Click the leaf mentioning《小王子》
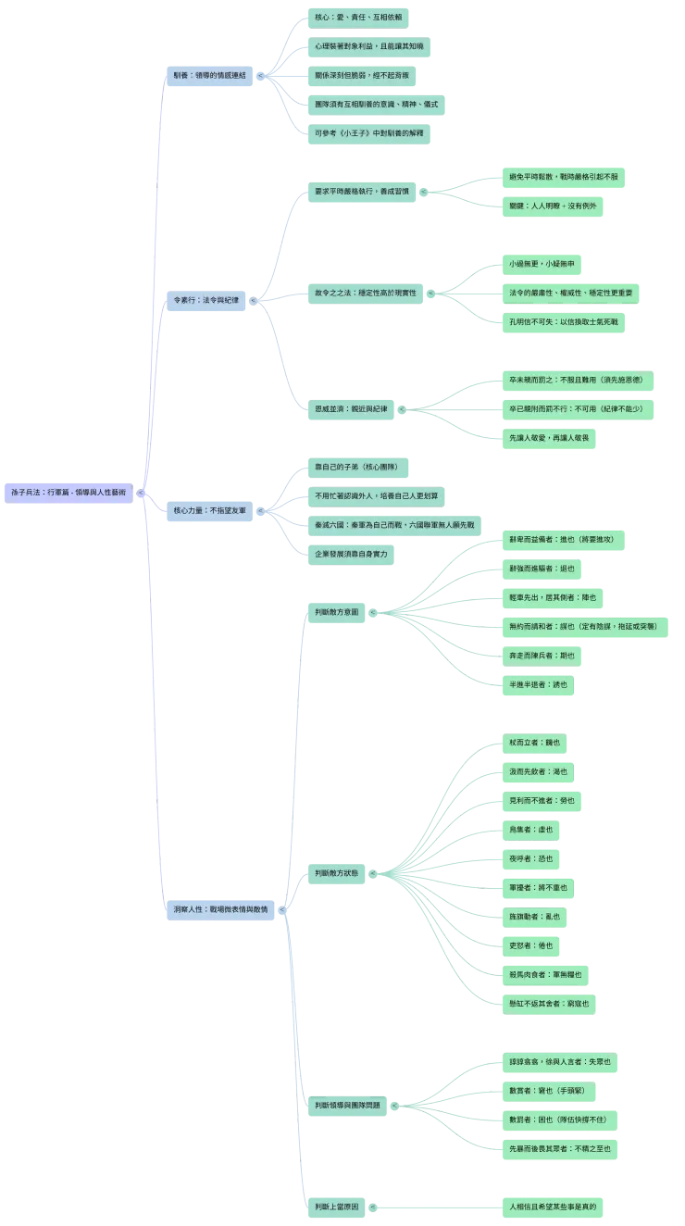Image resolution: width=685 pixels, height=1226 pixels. (369, 133)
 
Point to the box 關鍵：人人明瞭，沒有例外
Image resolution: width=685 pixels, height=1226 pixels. (552, 206)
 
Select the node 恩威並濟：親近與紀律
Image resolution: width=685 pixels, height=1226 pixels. (351, 407)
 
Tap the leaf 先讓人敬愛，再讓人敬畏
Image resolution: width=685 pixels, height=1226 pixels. (554, 436)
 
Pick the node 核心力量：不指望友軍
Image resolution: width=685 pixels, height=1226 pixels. (210, 510)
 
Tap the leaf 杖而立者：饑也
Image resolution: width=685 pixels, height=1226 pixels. (533, 742)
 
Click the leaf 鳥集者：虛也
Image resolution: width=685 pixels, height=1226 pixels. (530, 829)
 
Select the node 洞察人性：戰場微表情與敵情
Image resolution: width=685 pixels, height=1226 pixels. (220, 910)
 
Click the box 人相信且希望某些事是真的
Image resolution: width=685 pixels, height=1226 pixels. (553, 1207)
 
